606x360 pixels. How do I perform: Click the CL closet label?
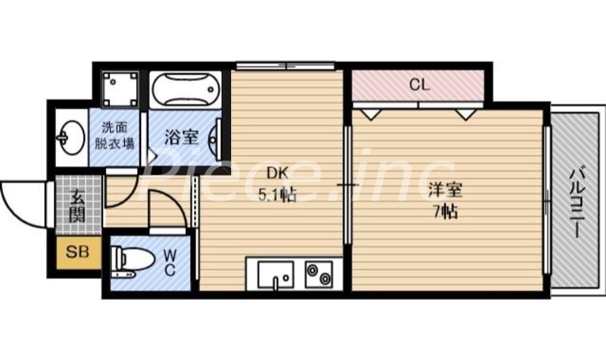coord(419,85)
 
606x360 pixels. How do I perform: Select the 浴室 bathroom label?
coord(181,137)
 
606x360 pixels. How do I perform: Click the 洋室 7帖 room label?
coord(445,199)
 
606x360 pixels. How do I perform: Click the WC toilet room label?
coord(169,261)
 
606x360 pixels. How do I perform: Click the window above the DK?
coord(285,66)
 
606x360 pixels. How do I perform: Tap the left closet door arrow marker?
coord(370,113)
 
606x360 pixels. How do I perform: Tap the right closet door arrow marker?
coord(465,113)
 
